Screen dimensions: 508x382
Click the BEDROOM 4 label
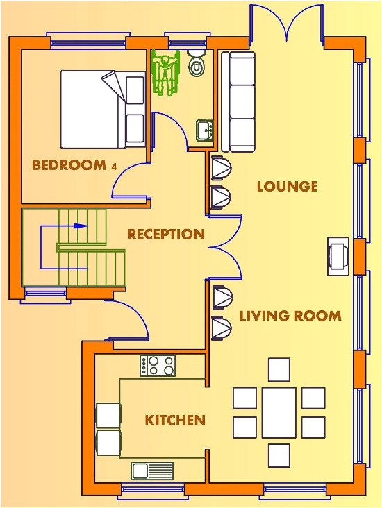click(x=69, y=165)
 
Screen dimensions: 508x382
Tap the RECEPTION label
click(x=166, y=235)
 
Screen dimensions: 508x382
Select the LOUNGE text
click(x=287, y=186)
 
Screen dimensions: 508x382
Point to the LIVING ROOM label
click(x=290, y=316)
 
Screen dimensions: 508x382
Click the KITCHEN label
click(x=175, y=420)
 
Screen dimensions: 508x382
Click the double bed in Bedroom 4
click(x=102, y=109)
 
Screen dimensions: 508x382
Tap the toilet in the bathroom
click(x=197, y=64)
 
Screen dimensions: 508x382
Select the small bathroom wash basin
click(x=204, y=129)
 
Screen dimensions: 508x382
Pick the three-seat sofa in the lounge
click(x=238, y=101)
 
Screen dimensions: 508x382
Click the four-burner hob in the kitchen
click(x=158, y=366)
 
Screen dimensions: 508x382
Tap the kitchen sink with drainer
click(x=152, y=471)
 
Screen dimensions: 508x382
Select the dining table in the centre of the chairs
click(x=279, y=412)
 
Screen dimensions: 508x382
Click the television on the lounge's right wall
click(x=339, y=255)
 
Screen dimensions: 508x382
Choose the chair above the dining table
click(x=279, y=369)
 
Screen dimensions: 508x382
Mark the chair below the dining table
click(x=279, y=455)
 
